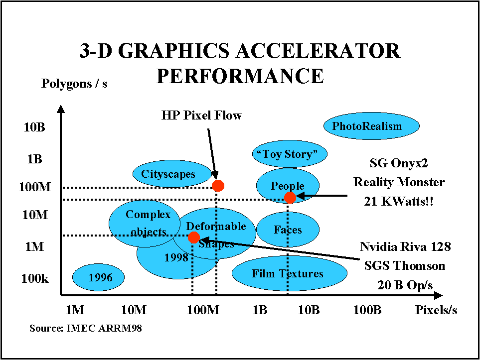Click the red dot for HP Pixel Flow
click(x=218, y=185)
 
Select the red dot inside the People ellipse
click(x=290, y=197)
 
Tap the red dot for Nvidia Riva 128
click(x=194, y=238)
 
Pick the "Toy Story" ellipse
click(x=290, y=154)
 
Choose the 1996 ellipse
click(x=98, y=277)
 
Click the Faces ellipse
click(x=288, y=230)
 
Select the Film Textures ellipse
click(x=289, y=273)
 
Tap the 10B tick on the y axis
click(x=34, y=126)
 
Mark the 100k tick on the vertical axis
click(x=34, y=279)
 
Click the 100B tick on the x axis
click(x=367, y=310)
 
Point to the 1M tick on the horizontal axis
click(x=75, y=310)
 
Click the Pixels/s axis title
click(x=436, y=310)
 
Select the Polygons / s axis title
click(x=74, y=84)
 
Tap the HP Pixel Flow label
click(x=202, y=116)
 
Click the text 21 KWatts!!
click(x=399, y=201)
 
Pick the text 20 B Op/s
click(x=405, y=285)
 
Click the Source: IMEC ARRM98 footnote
click(x=86, y=328)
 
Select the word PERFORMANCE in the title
click(x=240, y=76)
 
